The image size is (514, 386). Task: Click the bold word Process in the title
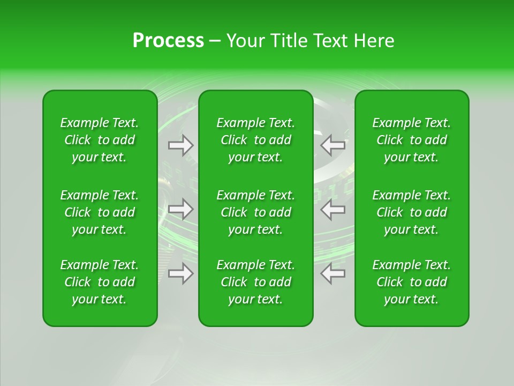coord(168,41)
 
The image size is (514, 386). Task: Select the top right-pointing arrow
coord(181,145)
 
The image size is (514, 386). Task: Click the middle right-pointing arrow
coord(181,209)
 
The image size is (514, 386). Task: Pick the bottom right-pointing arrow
coord(181,273)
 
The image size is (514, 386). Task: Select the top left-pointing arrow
coord(333,144)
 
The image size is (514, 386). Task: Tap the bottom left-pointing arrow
coord(333,273)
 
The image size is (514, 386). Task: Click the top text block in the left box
coord(100,140)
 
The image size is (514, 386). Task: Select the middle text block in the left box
coord(100,212)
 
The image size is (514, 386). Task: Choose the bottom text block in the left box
coord(100,282)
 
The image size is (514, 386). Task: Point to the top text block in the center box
coord(255,140)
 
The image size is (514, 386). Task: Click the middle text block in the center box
coord(255,212)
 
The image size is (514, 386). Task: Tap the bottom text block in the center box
coord(255,282)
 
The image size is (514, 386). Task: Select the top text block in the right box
coord(412,140)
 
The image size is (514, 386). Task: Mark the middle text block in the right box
coord(412,212)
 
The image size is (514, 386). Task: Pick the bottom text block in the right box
coord(412,282)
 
